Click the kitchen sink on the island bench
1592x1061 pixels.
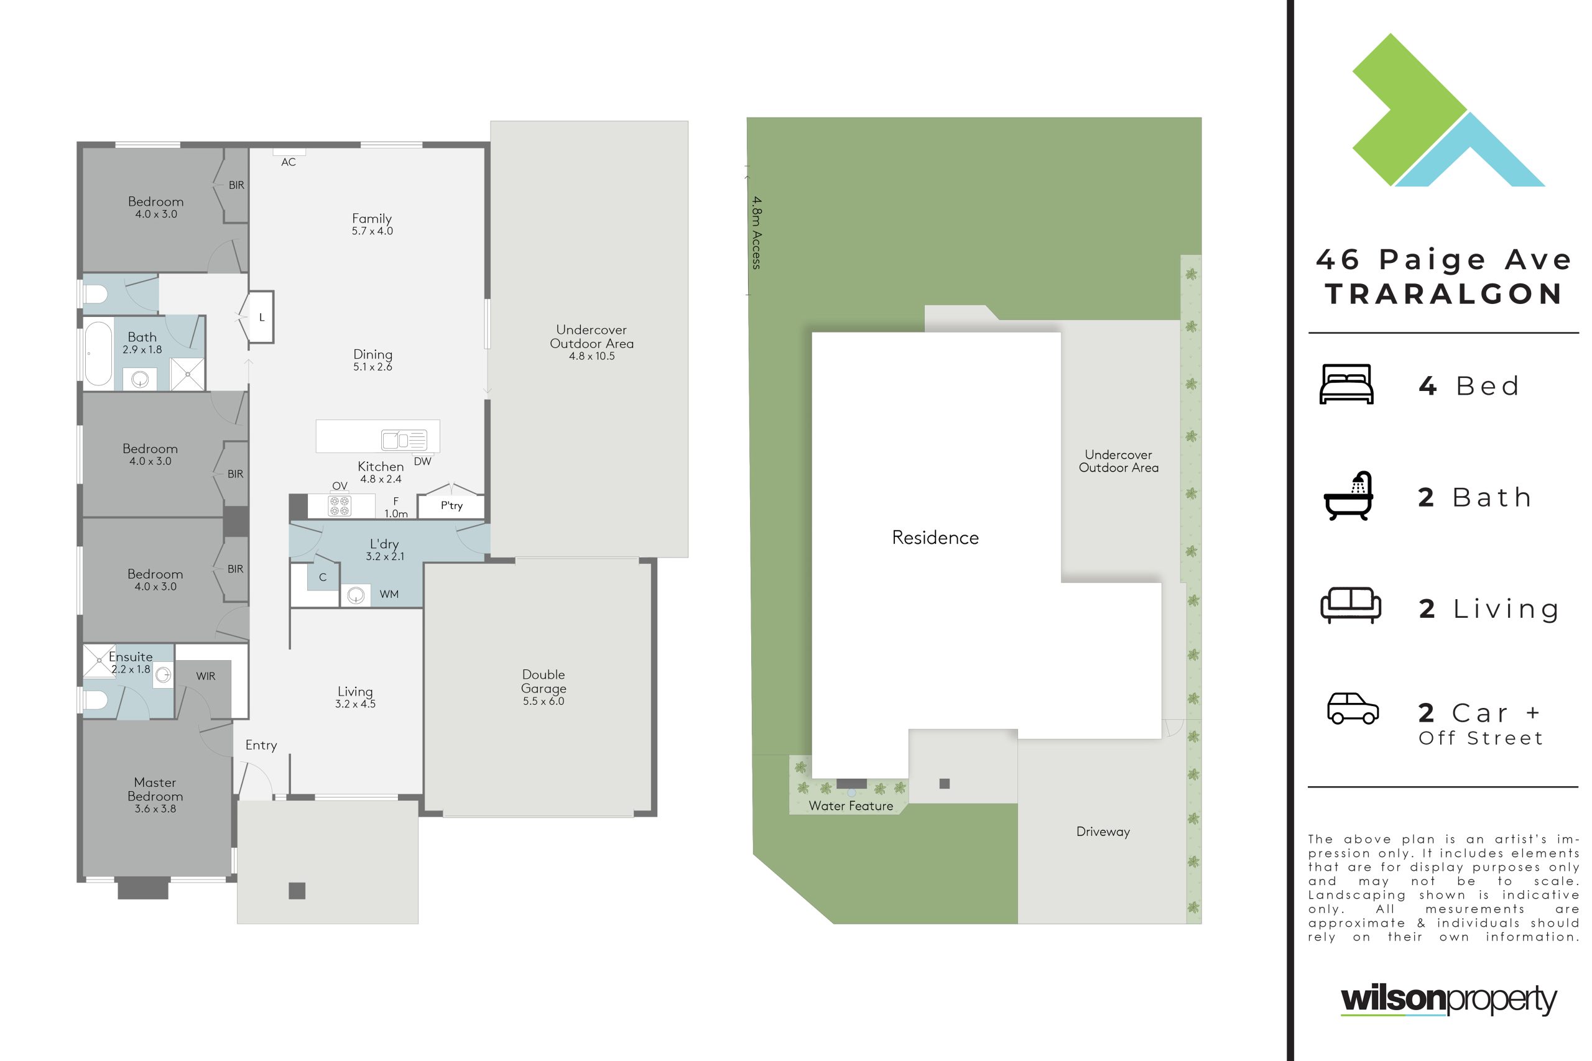point(404,440)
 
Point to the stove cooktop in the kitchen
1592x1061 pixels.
point(339,505)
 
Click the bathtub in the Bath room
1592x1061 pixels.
point(98,354)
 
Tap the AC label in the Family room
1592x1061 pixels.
point(289,162)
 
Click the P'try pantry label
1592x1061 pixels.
point(451,505)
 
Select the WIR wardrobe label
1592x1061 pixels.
point(206,676)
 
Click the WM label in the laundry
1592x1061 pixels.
point(389,594)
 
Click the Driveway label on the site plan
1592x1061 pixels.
point(1103,832)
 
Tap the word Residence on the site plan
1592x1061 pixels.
point(935,537)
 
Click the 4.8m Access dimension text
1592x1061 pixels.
point(757,232)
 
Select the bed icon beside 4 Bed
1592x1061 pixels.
point(1346,384)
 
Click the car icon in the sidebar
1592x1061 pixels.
point(1353,709)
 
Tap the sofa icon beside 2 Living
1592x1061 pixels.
point(1350,605)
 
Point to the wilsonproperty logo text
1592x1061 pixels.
point(1448,999)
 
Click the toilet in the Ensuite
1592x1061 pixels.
point(95,700)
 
